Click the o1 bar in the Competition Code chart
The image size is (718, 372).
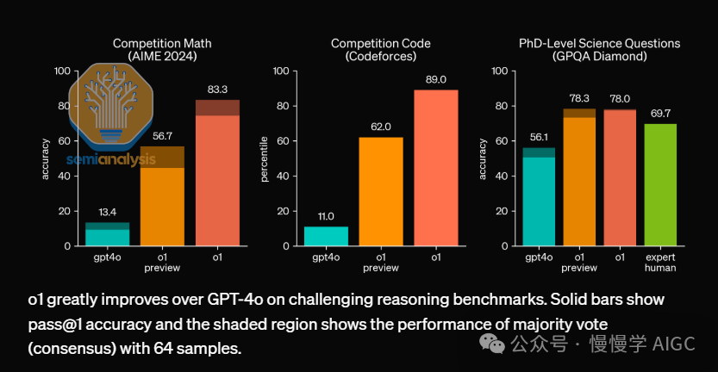tap(435, 168)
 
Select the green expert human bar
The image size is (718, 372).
tap(659, 184)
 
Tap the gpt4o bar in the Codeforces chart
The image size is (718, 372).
tap(326, 236)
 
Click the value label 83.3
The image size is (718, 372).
tap(217, 89)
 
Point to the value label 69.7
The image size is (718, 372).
tap(659, 114)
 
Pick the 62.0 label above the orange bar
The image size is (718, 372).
tap(381, 127)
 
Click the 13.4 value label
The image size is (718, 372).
tap(107, 212)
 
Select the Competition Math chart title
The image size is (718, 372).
tap(162, 43)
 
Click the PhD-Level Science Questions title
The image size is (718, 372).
tap(599, 43)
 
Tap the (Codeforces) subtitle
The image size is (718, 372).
tap(380, 57)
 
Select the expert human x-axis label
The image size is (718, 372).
tap(659, 262)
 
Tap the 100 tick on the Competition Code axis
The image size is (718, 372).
tap(280, 71)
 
